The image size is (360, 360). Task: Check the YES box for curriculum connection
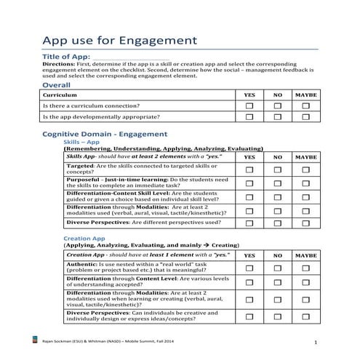pos(249,106)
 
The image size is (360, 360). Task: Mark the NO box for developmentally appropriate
pos(277,117)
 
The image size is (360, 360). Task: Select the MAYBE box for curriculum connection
pos(305,106)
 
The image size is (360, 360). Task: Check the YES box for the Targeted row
pos(249,169)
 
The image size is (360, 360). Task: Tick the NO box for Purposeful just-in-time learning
pos(277,183)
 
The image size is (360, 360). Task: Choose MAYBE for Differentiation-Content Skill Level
pos(305,197)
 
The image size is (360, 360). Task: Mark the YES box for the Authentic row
pos(249,268)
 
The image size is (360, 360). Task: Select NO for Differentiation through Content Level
pos(277,283)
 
